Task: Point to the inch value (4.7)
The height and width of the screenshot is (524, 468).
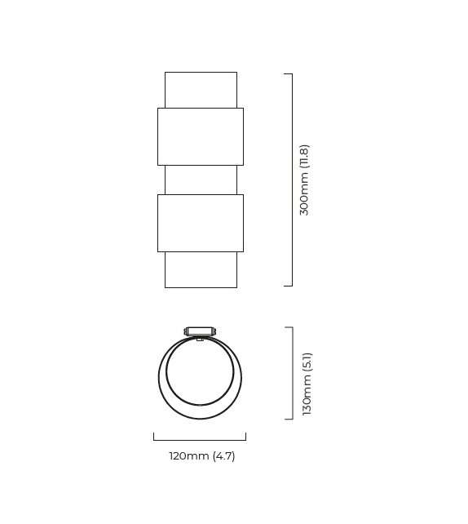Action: (223, 456)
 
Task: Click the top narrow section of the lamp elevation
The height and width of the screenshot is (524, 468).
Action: (201, 89)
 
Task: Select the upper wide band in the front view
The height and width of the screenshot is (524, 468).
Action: (201, 136)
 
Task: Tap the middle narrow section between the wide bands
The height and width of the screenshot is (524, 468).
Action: (201, 180)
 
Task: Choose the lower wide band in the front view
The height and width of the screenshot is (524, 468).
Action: (201, 223)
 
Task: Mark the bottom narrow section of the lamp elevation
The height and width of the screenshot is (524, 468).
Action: (201, 269)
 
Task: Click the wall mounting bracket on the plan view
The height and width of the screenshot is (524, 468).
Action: (200, 331)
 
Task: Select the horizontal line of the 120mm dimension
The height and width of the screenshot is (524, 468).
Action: (200, 441)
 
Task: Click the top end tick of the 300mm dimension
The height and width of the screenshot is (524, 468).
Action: (288, 74)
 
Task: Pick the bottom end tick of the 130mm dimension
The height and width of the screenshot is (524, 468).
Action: (289, 420)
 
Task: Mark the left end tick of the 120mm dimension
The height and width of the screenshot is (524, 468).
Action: (154, 437)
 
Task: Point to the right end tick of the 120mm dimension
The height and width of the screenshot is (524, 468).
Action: (245, 437)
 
